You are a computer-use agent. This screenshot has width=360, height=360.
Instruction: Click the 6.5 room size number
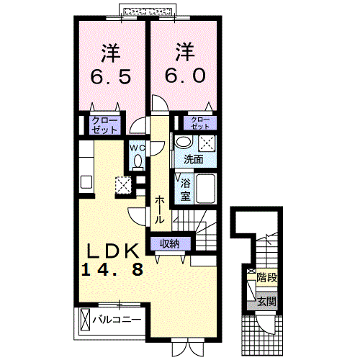(110, 76)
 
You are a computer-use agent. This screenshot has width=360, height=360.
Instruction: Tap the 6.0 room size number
(184, 76)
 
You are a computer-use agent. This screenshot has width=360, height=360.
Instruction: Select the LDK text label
(113, 251)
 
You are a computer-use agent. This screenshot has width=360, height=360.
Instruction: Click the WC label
(137, 149)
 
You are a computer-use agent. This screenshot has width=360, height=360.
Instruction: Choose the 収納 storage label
(170, 244)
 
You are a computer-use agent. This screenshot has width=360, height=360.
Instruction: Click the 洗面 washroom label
(193, 159)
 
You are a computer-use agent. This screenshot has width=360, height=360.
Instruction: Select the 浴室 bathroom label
(185, 189)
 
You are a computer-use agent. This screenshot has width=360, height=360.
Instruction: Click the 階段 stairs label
(267, 275)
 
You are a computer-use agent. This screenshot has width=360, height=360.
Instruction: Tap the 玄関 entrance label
(266, 302)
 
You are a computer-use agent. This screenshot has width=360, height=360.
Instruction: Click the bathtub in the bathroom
(207, 189)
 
